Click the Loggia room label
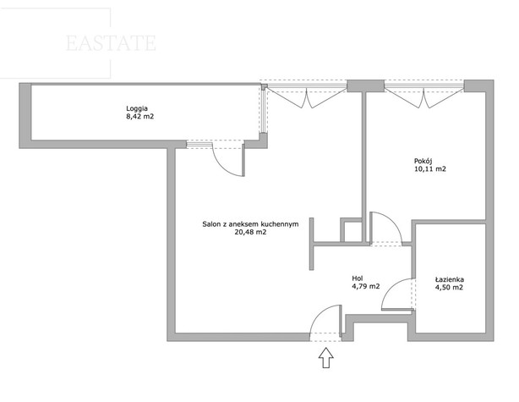click(x=137, y=108)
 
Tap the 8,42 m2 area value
click(x=140, y=117)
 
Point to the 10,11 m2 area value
click(x=430, y=169)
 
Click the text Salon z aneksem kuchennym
click(x=250, y=224)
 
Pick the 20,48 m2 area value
click(x=250, y=233)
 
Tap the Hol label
click(x=358, y=278)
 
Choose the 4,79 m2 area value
click(x=366, y=287)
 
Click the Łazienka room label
click(x=449, y=279)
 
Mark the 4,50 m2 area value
click(x=449, y=288)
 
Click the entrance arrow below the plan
click(x=326, y=358)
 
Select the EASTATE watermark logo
click(x=111, y=43)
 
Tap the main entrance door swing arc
click(x=325, y=321)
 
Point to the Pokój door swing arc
click(x=386, y=228)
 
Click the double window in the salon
click(x=307, y=94)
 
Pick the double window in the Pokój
click(x=424, y=94)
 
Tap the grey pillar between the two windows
click(x=366, y=85)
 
